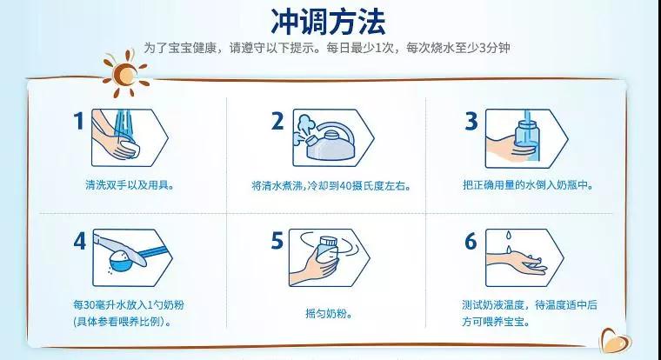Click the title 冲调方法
(x=328, y=22)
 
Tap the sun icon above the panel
(x=125, y=74)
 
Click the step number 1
(x=79, y=121)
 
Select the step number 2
(x=277, y=121)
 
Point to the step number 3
(x=471, y=121)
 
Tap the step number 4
(x=80, y=241)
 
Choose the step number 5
(x=277, y=241)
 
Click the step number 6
(x=471, y=241)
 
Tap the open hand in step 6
(x=517, y=263)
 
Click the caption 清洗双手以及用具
(x=130, y=185)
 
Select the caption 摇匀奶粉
(x=329, y=314)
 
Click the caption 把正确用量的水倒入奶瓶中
(x=528, y=185)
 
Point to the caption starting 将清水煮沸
(x=331, y=186)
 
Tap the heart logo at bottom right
(x=616, y=341)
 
